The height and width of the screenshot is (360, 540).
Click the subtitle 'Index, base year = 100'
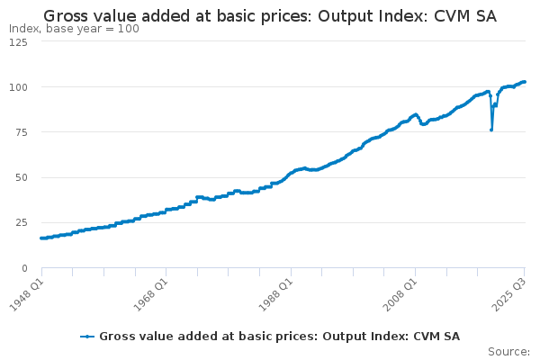[x=74, y=29]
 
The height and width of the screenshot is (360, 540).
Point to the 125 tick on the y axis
[x=18, y=42]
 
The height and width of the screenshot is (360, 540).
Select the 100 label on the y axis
[x=18, y=87]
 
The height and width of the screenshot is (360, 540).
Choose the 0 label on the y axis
[x=24, y=267]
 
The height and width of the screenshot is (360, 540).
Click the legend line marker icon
[x=87, y=337]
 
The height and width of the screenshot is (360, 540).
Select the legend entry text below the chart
[x=279, y=337]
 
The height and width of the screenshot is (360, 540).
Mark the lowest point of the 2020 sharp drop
[x=491, y=130]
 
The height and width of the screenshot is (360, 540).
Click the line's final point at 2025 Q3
[x=525, y=82]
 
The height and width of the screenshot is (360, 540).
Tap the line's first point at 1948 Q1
[x=41, y=238]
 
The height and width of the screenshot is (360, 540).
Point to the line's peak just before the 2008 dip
[x=415, y=114]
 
